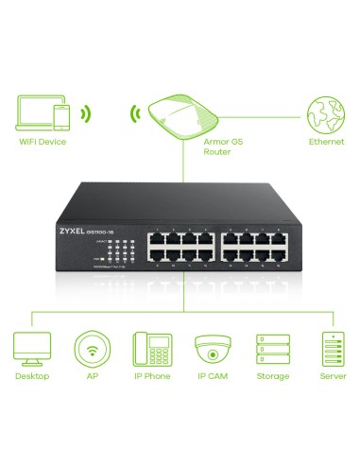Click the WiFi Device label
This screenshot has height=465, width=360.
click(x=42, y=142)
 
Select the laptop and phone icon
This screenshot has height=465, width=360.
click(x=43, y=112)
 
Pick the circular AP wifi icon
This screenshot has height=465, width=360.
click(x=92, y=348)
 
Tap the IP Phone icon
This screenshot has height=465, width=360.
click(x=150, y=348)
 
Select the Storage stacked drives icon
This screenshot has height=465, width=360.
click(x=271, y=348)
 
